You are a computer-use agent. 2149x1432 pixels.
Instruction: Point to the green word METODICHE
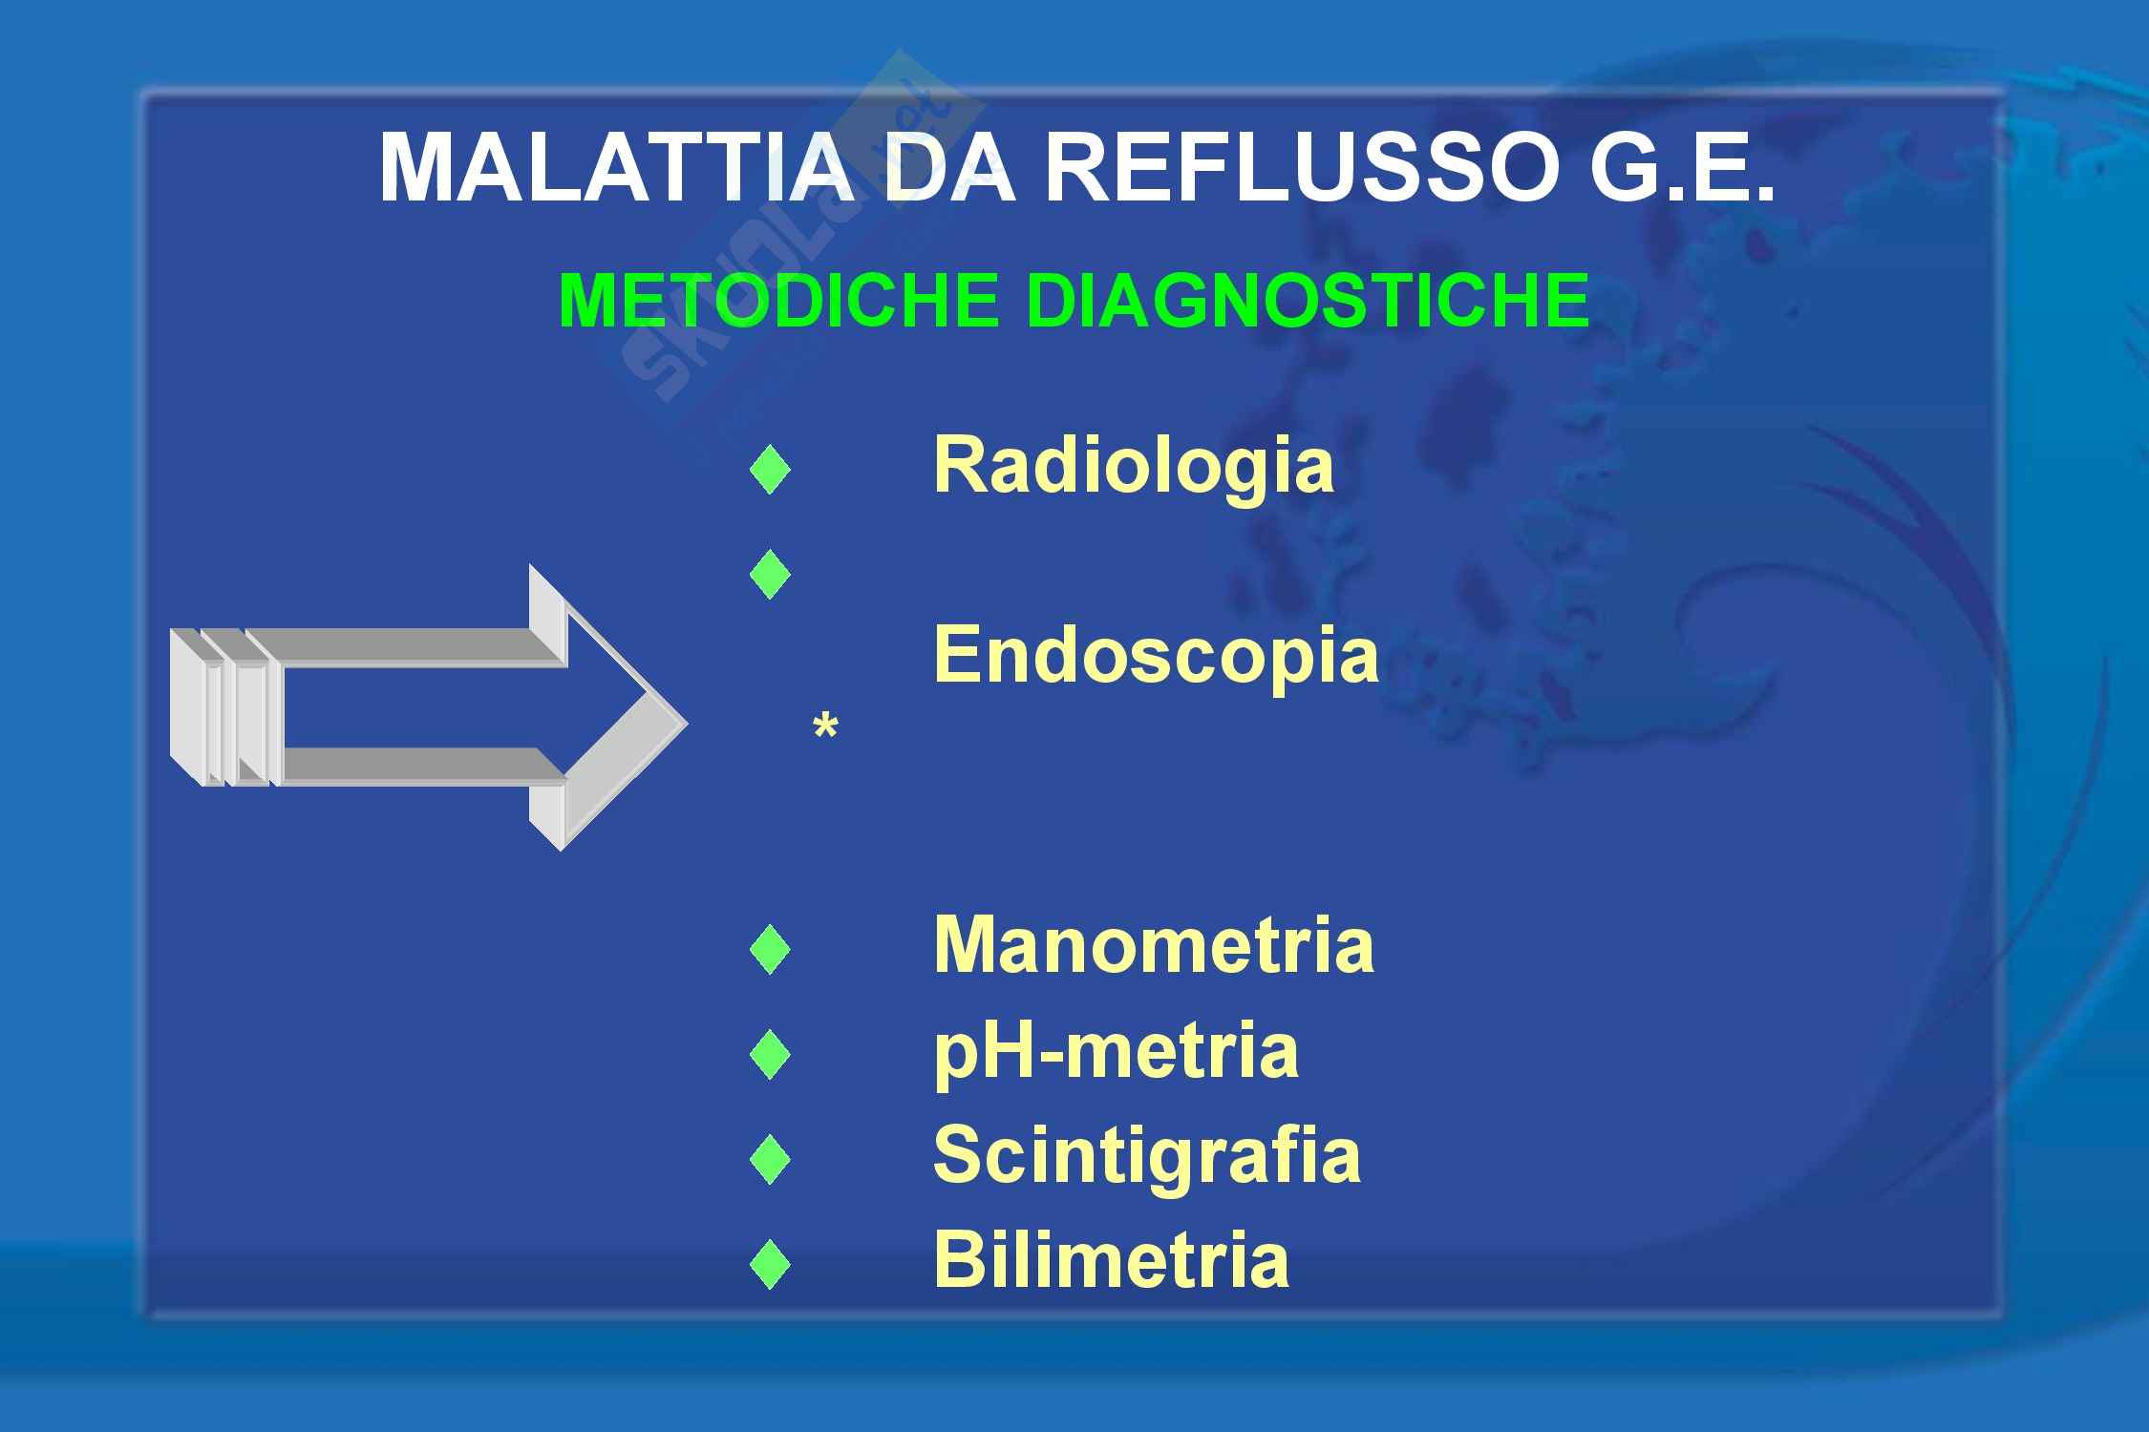click(x=778, y=300)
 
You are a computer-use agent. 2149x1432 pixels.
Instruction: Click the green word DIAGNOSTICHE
click(x=1309, y=300)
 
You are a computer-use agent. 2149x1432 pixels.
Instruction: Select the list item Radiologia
click(x=1134, y=467)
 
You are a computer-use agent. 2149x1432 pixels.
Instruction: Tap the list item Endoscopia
click(x=1156, y=657)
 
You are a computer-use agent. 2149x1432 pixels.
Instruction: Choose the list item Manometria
click(x=1154, y=945)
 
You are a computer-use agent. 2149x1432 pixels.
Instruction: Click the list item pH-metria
click(x=1116, y=1052)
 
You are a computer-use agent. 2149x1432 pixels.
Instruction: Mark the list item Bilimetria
click(x=1111, y=1260)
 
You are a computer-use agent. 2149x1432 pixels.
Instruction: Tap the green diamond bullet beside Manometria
click(x=770, y=949)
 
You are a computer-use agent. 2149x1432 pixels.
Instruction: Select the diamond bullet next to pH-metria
click(x=770, y=1054)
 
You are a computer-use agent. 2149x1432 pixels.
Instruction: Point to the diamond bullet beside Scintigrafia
click(x=770, y=1159)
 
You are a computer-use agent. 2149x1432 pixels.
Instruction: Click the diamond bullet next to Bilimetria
click(x=770, y=1265)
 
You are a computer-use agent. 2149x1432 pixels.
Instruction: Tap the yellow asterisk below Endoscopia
click(x=825, y=727)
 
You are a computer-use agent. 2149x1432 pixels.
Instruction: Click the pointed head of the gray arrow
click(x=686, y=722)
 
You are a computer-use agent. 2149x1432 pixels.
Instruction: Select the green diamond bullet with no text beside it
click(x=770, y=574)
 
